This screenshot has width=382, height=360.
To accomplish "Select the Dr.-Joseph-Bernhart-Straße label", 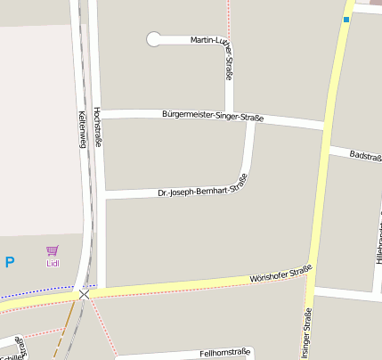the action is coord(202,188).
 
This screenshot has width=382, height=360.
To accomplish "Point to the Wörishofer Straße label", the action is coord(280,276).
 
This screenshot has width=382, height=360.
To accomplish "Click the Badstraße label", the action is coord(365,155).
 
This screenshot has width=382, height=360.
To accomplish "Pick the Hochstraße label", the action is coord(96,124).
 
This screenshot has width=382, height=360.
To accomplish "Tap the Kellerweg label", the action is coord(82,128).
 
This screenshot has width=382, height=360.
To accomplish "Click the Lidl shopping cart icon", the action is coord(53,250).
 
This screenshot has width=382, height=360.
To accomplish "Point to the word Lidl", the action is coord(53,264).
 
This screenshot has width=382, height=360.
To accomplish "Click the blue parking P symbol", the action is coord(10,262).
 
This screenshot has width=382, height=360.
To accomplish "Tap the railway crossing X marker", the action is coord(84,293).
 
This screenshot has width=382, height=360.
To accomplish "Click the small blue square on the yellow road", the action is coord(345,19).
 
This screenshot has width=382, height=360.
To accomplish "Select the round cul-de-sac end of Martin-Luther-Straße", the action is coord(154,39).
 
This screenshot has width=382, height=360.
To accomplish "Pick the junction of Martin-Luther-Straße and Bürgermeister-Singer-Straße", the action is coord(230,114).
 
